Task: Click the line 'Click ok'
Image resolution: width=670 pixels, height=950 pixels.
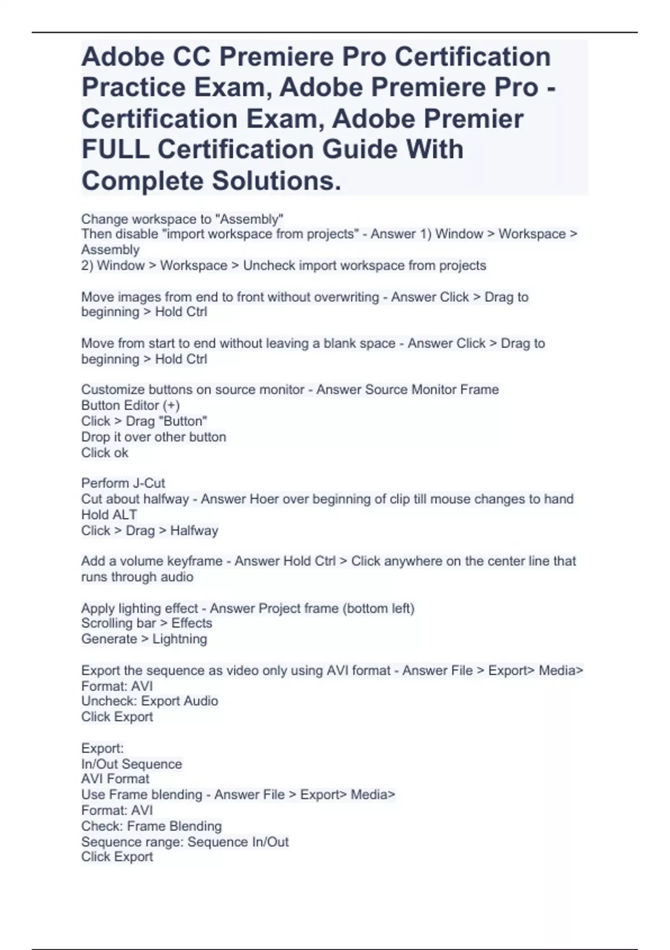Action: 105,453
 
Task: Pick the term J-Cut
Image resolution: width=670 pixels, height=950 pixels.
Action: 145,483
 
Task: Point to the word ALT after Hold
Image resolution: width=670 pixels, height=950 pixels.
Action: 125,515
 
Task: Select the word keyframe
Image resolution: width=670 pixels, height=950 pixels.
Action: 195,561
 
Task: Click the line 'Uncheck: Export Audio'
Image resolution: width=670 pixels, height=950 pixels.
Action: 150,701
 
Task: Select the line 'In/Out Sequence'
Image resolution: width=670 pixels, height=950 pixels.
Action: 132,764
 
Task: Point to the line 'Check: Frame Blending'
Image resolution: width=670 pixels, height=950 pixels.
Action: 151,826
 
